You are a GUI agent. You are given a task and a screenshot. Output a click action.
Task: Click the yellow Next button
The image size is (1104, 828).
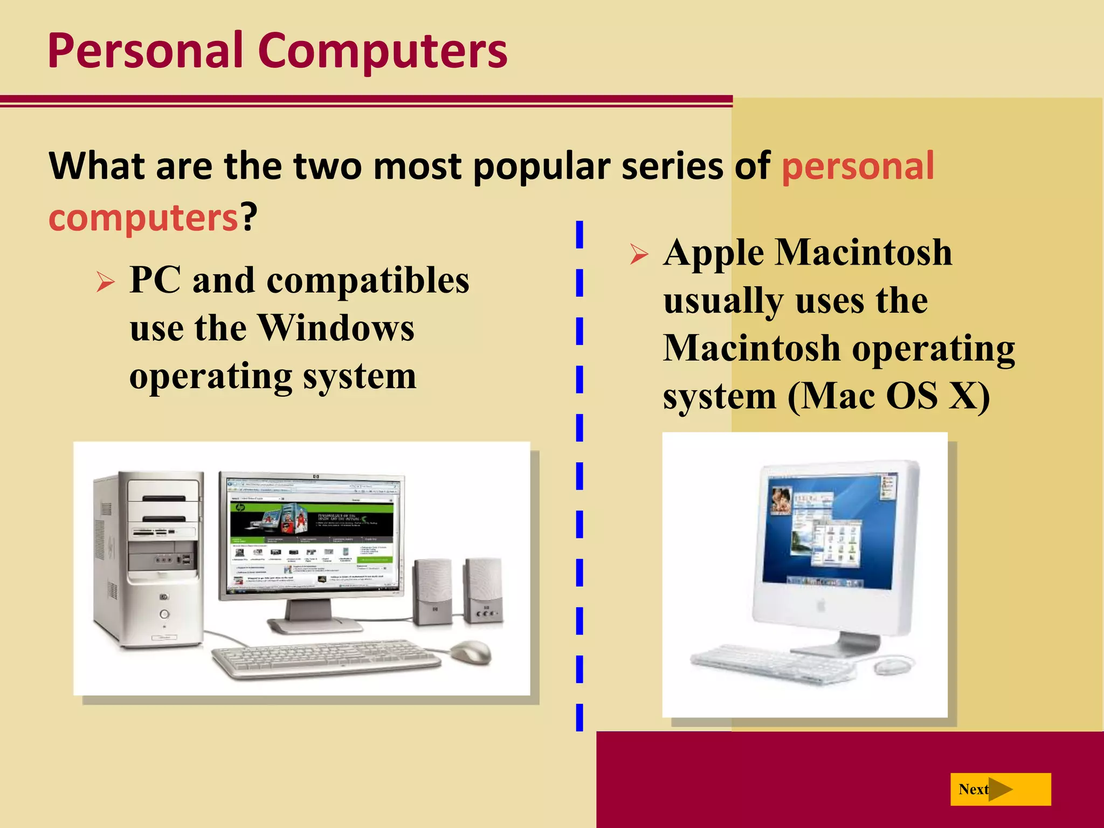pos(1000,789)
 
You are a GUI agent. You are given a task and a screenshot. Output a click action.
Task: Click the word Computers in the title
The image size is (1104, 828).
pos(382,51)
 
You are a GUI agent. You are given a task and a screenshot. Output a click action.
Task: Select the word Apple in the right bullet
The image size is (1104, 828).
pos(714,253)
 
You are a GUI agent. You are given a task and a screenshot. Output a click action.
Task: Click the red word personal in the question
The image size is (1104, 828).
pos(858,165)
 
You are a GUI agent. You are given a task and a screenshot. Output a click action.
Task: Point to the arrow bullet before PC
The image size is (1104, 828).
pos(106,282)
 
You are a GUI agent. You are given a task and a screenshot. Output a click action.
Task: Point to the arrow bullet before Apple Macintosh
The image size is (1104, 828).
pos(639,254)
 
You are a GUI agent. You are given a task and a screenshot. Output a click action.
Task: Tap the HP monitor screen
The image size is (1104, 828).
pos(312,534)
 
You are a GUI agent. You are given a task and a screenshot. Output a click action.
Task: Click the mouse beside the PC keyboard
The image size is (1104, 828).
pos(471,652)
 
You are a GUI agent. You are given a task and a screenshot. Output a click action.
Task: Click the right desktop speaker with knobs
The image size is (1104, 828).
pos(483,590)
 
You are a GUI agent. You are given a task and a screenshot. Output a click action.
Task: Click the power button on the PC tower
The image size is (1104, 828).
pos(164,614)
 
